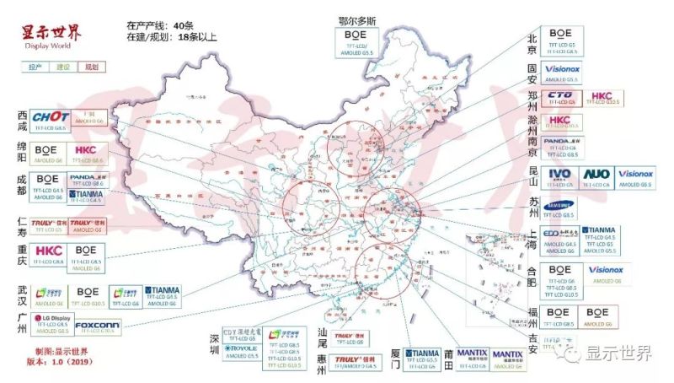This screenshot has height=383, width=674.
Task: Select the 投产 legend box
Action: (x=35, y=66)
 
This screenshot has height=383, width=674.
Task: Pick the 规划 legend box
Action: (x=91, y=66)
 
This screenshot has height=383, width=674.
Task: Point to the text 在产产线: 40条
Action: (x=160, y=26)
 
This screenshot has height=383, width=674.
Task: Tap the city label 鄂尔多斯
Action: (x=357, y=19)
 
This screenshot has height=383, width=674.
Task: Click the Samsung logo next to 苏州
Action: (x=560, y=205)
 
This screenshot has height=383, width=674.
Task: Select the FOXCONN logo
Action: (x=96, y=324)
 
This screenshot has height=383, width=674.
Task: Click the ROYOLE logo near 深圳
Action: (x=242, y=347)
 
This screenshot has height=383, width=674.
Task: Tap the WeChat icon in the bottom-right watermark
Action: (x=572, y=354)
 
